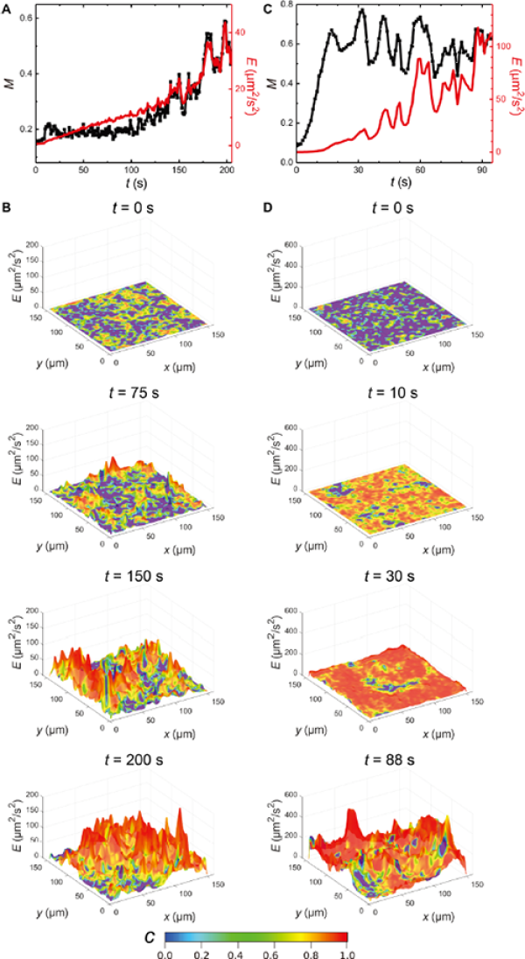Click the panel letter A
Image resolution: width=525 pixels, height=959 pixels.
click(7, 9)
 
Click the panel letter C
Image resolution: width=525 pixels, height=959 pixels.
click(266, 9)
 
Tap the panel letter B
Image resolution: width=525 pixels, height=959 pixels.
click(7, 207)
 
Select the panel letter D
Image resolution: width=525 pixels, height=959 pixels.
click(266, 207)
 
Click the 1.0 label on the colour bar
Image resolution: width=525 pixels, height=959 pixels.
click(348, 954)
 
